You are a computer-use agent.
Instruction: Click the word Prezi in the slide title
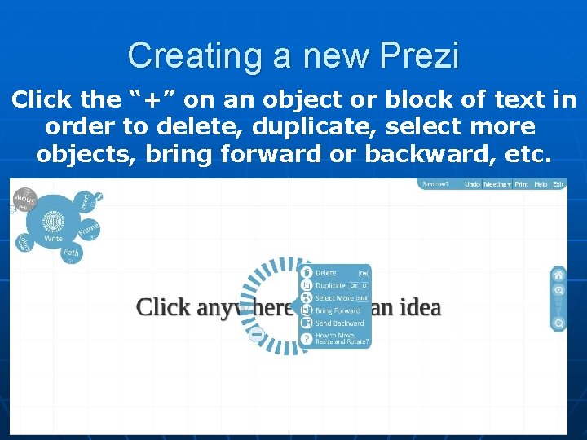pos(421,56)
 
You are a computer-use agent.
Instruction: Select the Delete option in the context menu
pos(326,273)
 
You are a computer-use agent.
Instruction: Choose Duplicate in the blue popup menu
pos(330,286)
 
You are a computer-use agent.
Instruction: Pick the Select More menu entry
pos(333,298)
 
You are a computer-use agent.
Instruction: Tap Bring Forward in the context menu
pos(337,310)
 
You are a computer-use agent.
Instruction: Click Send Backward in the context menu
pos(338,323)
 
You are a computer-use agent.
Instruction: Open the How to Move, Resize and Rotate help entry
pos(341,338)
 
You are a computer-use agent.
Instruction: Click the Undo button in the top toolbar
pos(472,185)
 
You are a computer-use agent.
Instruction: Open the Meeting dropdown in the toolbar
pos(497,185)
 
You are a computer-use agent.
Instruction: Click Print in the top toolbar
pos(521,185)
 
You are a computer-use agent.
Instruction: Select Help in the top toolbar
pos(541,185)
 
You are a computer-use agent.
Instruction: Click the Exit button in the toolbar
pos(558,185)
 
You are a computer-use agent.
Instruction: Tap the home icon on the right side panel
pos(558,275)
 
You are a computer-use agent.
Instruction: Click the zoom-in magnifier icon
pos(558,290)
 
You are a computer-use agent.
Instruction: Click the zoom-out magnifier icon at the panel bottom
pos(558,323)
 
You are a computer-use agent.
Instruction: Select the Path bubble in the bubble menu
pos(72,253)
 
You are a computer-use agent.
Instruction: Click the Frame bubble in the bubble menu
pos(89,229)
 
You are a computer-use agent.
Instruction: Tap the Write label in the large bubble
pos(54,239)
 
